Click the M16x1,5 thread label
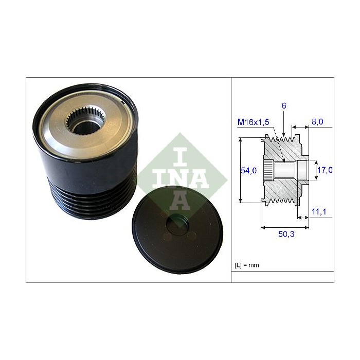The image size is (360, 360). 253,122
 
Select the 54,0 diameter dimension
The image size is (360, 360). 248,170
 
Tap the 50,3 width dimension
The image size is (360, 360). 286,234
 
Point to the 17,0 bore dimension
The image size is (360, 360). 325,170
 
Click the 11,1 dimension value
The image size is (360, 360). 319,211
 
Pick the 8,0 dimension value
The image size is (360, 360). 317,122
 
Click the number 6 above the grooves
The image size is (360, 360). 284,105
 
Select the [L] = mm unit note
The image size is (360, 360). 247,265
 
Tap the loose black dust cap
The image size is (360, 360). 177,230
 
